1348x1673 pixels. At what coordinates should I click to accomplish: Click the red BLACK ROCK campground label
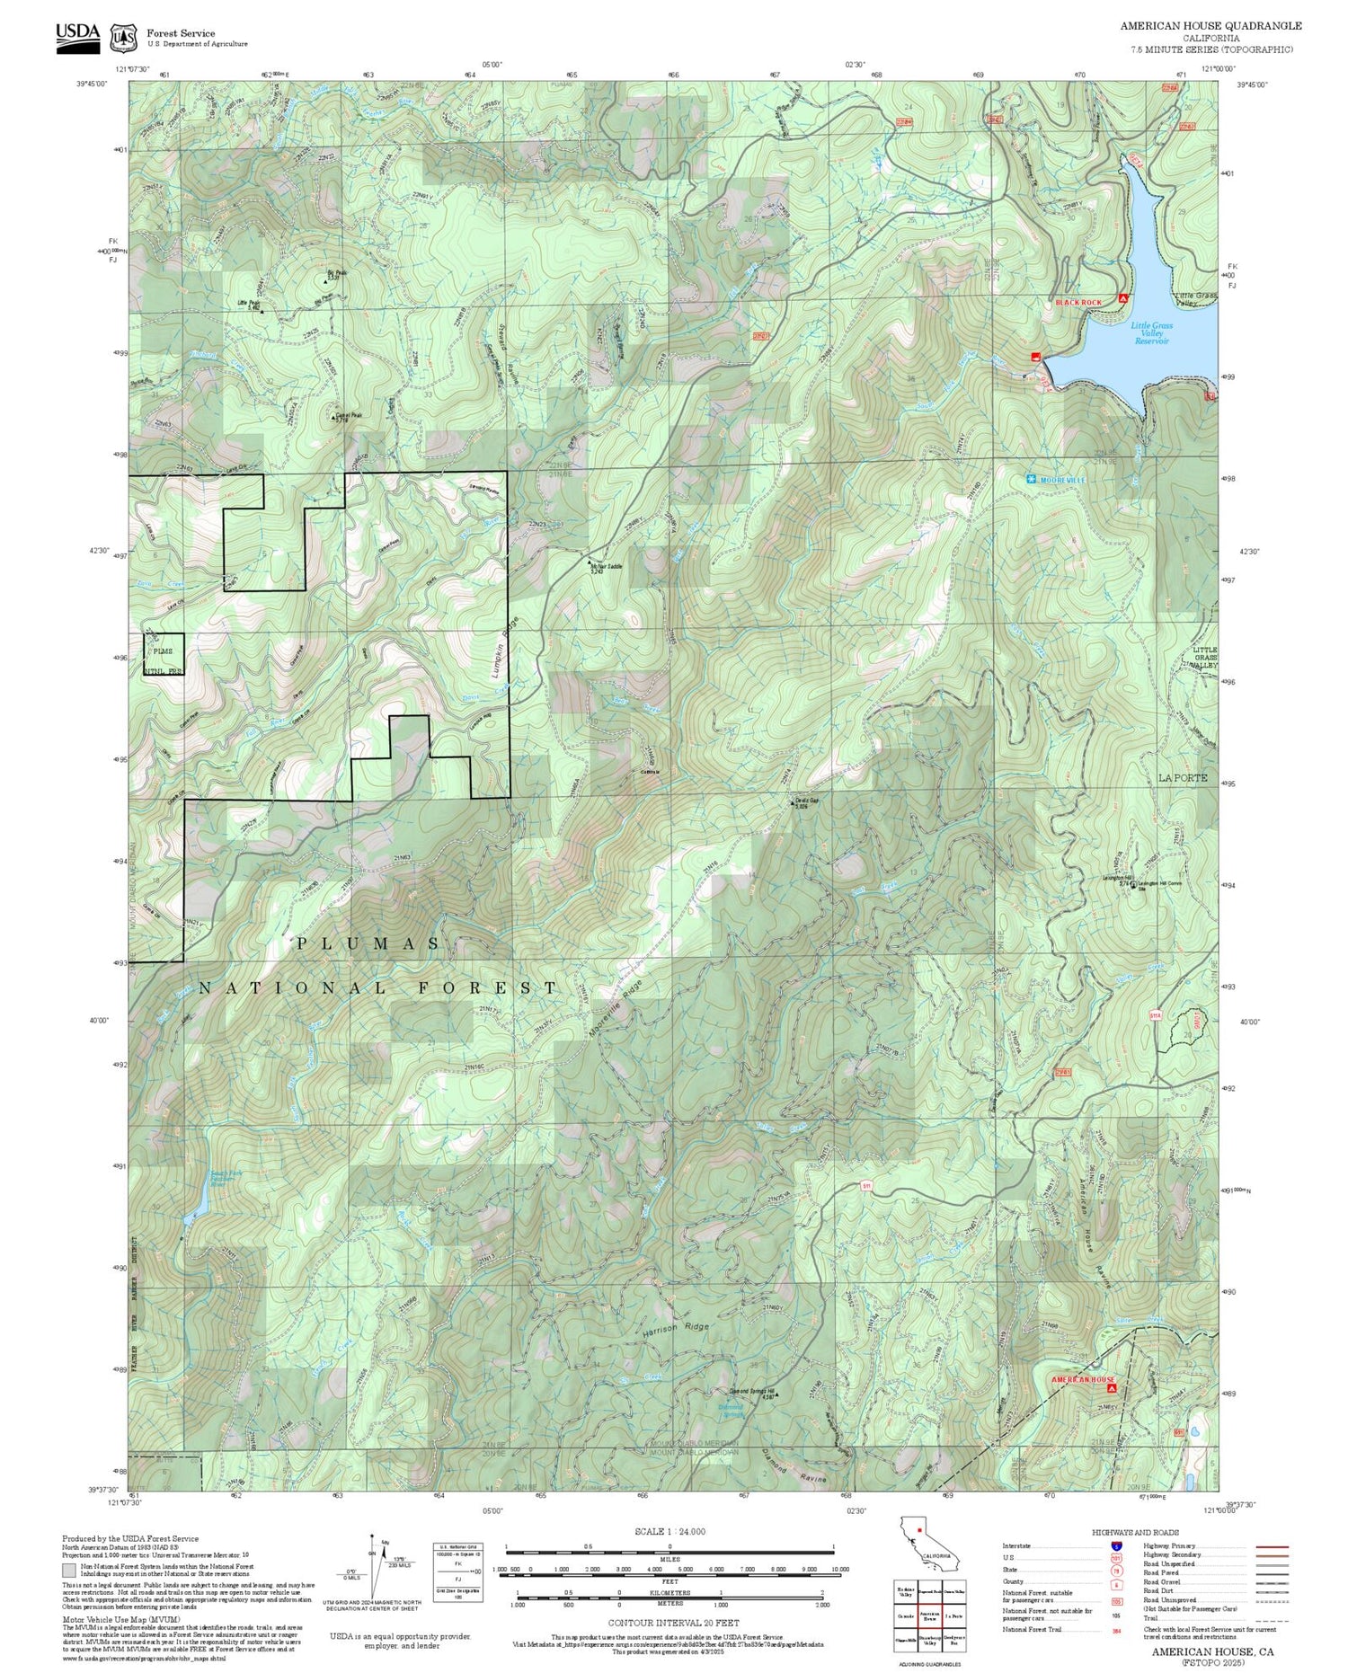point(1078,303)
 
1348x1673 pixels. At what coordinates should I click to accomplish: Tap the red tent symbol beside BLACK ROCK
point(1122,298)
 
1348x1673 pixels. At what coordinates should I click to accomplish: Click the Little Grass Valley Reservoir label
point(1151,333)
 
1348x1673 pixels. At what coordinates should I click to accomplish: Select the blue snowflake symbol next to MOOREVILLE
point(1031,480)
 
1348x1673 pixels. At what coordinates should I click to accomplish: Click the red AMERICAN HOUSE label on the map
point(1083,1379)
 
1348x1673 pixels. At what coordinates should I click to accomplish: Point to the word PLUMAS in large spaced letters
point(368,943)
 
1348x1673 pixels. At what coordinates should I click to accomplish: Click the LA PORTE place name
point(1183,777)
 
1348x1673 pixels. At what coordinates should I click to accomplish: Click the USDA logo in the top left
point(78,33)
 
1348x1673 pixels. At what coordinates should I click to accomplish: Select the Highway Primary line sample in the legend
point(1268,1546)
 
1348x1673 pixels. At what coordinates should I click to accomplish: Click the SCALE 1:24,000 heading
point(670,1531)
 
